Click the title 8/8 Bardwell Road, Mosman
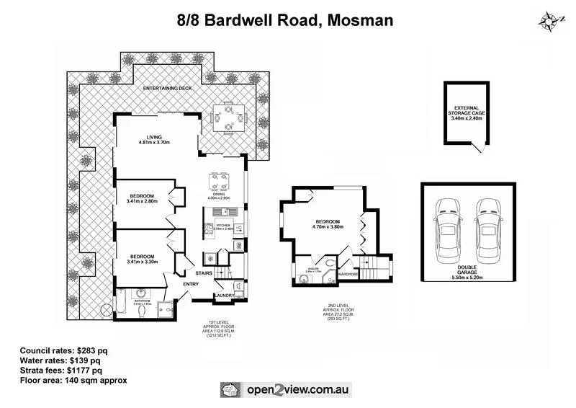pos(285,19)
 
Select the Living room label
pos(154,139)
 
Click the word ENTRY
pos(191,284)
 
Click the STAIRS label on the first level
pos(204,273)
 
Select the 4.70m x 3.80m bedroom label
pos(328,223)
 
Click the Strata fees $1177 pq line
pos(62,370)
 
